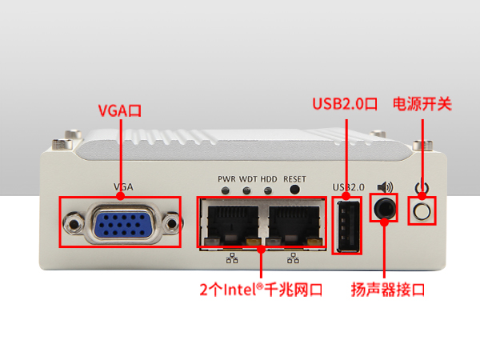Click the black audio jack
[x=385, y=208]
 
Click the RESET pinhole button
[x=294, y=190]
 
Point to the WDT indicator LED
[x=247, y=191]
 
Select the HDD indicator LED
[x=268, y=191]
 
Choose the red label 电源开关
[x=422, y=105]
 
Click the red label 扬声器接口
[x=388, y=290]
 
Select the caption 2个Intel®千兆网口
[x=261, y=290]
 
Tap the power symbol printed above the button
[x=422, y=190]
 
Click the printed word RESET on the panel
[x=294, y=178]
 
